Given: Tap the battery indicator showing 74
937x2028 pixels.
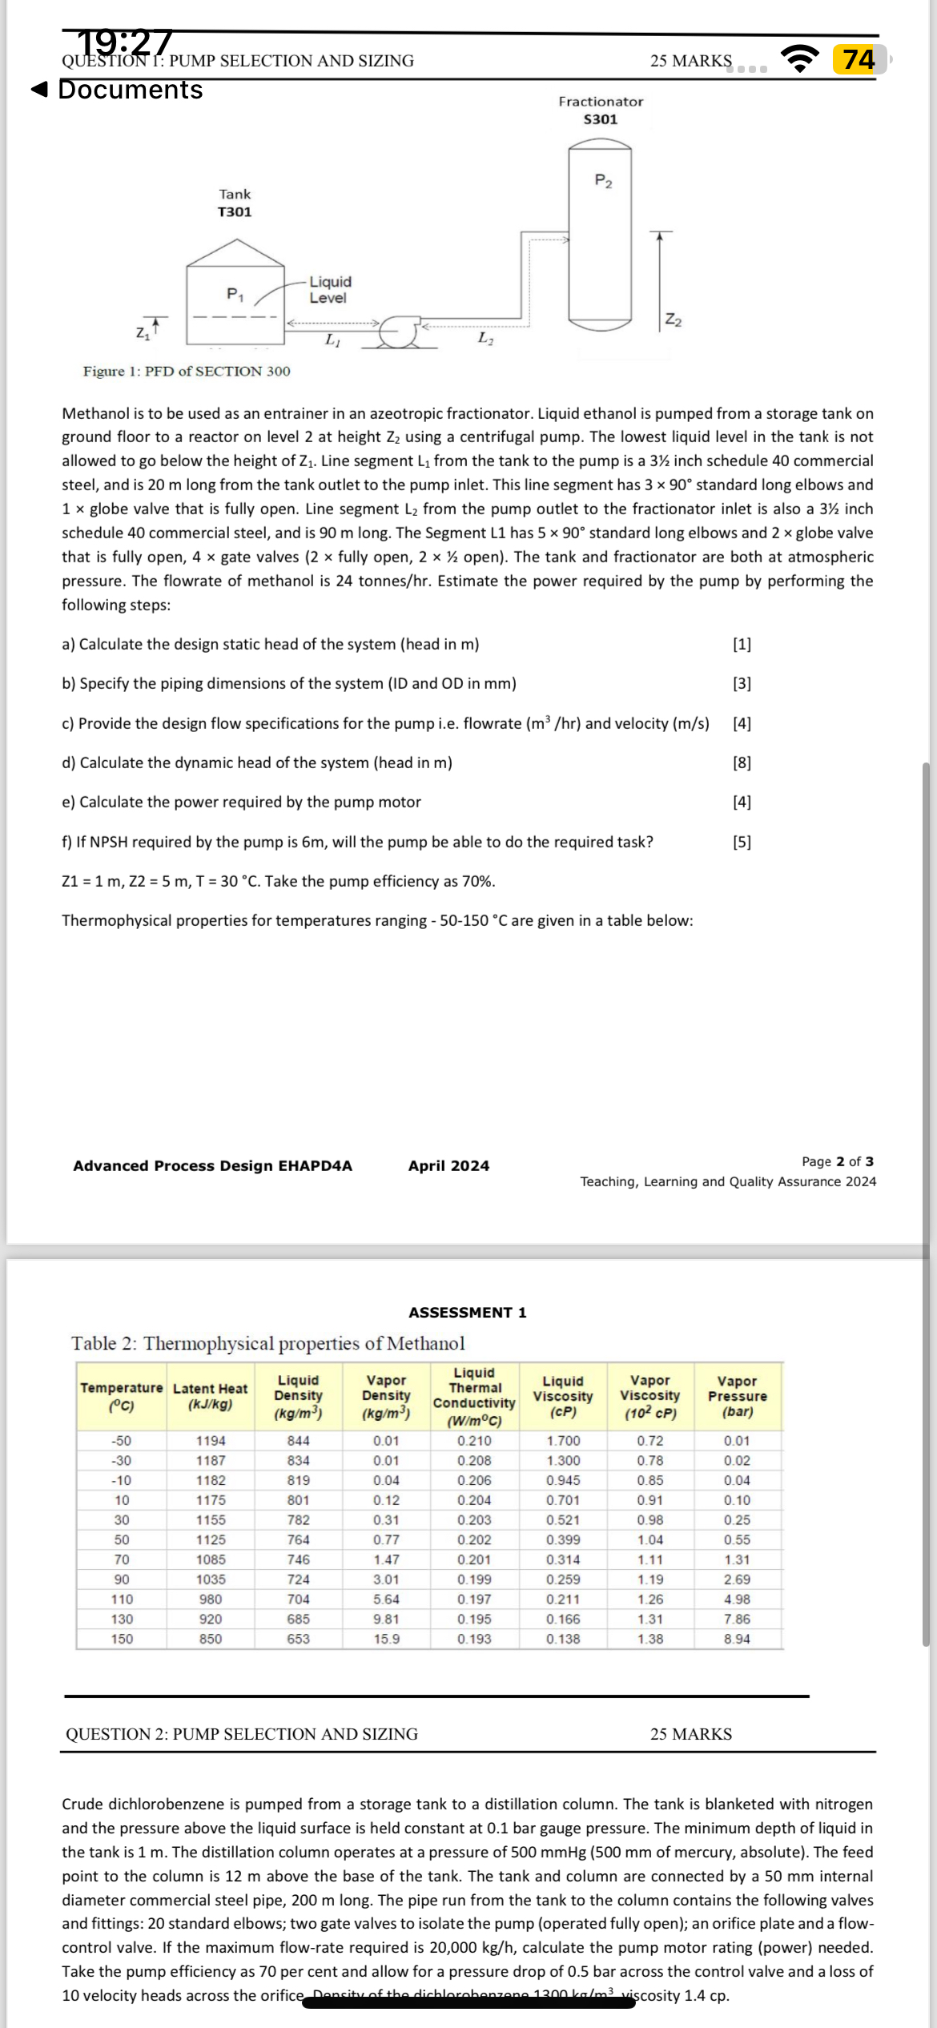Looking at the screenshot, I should click(x=859, y=59).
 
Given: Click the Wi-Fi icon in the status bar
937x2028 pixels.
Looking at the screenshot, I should click(x=800, y=59).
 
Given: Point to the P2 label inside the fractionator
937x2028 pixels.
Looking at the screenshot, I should click(x=603, y=181).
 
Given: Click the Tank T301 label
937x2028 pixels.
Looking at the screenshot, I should click(x=235, y=203).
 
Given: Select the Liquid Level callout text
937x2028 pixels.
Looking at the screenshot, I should click(x=329, y=289).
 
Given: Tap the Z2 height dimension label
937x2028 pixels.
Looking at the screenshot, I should click(x=674, y=320).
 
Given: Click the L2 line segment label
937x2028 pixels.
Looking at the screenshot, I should click(x=485, y=338).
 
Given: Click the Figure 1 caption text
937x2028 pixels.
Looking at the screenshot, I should click(x=187, y=371).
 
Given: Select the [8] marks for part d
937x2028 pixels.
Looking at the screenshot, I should click(x=742, y=763).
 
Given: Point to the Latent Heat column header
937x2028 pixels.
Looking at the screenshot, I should click(x=210, y=1396).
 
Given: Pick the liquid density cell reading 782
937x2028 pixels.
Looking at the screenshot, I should click(x=298, y=1519).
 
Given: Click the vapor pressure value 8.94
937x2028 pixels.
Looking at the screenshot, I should click(x=737, y=1639).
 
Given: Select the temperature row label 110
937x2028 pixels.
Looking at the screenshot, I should click(x=122, y=1599).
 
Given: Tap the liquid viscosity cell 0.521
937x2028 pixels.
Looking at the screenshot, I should click(x=563, y=1519).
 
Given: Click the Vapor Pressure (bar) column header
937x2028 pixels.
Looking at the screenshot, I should click(x=737, y=1396).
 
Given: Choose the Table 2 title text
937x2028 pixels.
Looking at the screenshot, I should click(x=267, y=1343).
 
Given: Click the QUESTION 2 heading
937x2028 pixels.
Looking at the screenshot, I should click(x=242, y=1734).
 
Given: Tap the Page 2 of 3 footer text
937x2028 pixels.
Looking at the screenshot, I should click(x=837, y=1161).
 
